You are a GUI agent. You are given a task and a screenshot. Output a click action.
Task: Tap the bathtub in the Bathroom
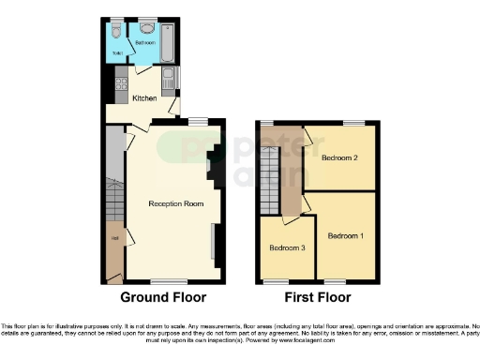click(168, 39)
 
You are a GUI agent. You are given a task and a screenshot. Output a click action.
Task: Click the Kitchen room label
click(143, 98)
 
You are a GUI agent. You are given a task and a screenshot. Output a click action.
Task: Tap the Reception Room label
click(175, 203)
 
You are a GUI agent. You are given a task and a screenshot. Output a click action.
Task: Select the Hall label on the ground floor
click(114, 238)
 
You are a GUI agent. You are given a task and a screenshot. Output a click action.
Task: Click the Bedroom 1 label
click(345, 235)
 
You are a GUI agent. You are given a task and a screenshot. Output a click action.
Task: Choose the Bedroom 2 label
click(339, 158)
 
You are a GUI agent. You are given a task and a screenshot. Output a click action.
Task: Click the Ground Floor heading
click(163, 298)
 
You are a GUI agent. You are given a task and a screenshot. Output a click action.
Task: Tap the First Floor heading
click(318, 298)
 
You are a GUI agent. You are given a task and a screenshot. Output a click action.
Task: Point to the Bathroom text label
click(145, 43)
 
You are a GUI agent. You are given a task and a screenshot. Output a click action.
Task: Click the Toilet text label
click(118, 53)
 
